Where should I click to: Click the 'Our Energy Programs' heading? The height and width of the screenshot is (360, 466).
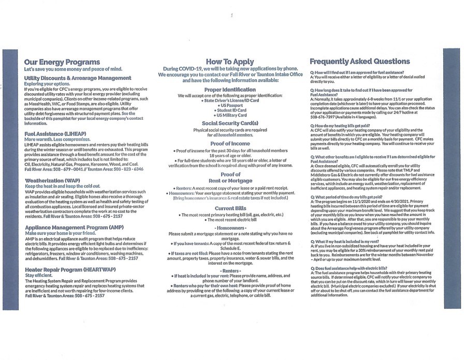(x=62, y=62)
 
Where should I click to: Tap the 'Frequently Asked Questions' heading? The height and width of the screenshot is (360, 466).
(x=359, y=61)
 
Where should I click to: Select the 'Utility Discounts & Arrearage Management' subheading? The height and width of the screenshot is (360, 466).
(x=78, y=78)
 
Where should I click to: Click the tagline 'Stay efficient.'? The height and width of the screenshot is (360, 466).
(x=39, y=276)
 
